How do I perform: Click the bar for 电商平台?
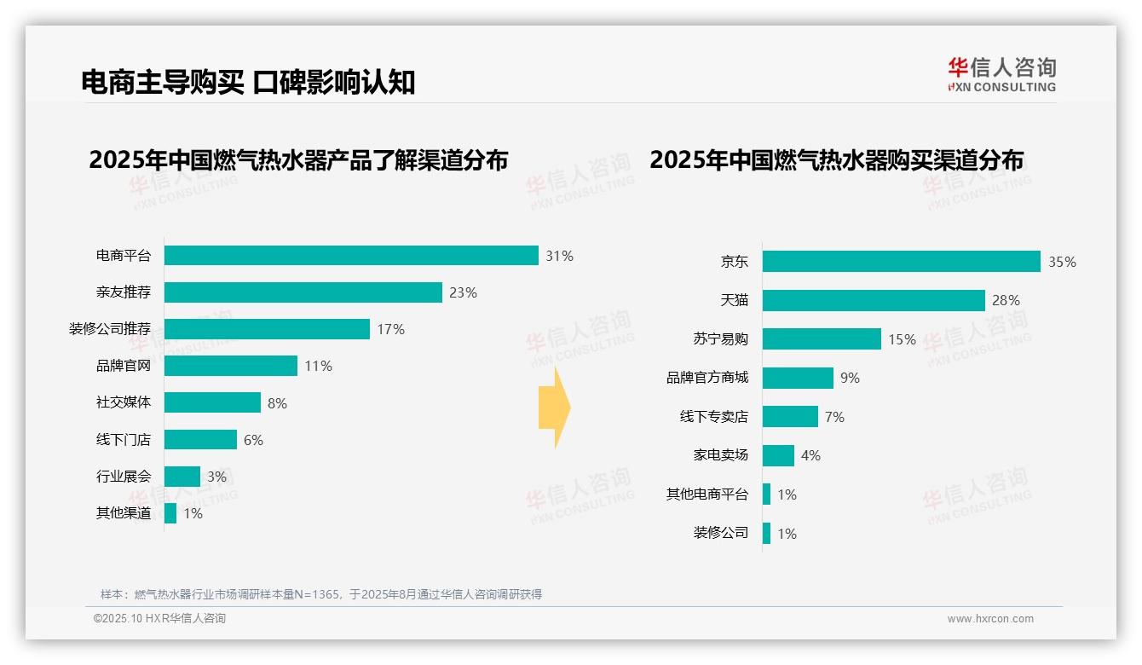351,256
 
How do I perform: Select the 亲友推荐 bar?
303,292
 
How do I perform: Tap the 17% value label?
390,329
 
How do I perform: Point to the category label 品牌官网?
123,366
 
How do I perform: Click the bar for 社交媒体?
212,402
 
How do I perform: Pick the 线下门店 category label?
123,440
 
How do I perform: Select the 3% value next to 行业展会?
216,477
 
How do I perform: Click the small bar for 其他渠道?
170,513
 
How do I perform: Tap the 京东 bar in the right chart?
902,262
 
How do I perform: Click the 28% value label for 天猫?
1006,300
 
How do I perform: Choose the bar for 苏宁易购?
822,339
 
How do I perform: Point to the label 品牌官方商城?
707,378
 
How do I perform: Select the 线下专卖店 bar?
790,417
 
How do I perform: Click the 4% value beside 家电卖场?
810,455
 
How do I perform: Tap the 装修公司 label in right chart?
720,533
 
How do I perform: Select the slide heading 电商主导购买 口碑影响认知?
248,82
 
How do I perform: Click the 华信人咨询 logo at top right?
1001,74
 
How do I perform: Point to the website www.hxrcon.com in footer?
990,619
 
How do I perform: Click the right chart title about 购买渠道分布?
836,160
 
